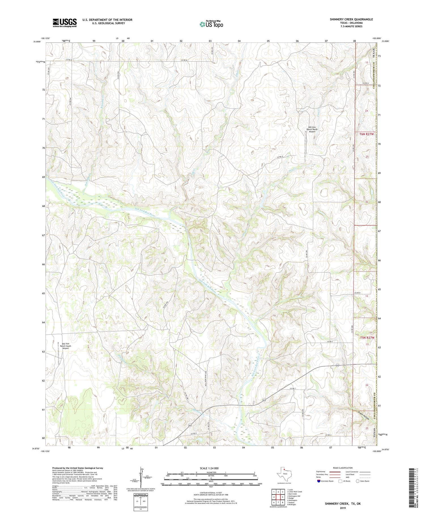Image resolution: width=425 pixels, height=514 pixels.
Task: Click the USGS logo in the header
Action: click(65, 23)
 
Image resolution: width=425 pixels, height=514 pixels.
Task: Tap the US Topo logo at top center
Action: click(211, 24)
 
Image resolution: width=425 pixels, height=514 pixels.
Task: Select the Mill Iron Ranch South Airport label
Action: click(65, 346)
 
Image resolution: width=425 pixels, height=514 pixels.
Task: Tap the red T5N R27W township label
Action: click(367, 338)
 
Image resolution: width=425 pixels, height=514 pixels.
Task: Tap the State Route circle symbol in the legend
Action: click(358, 481)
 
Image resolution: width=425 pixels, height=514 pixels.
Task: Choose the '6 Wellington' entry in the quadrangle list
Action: click(293, 500)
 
